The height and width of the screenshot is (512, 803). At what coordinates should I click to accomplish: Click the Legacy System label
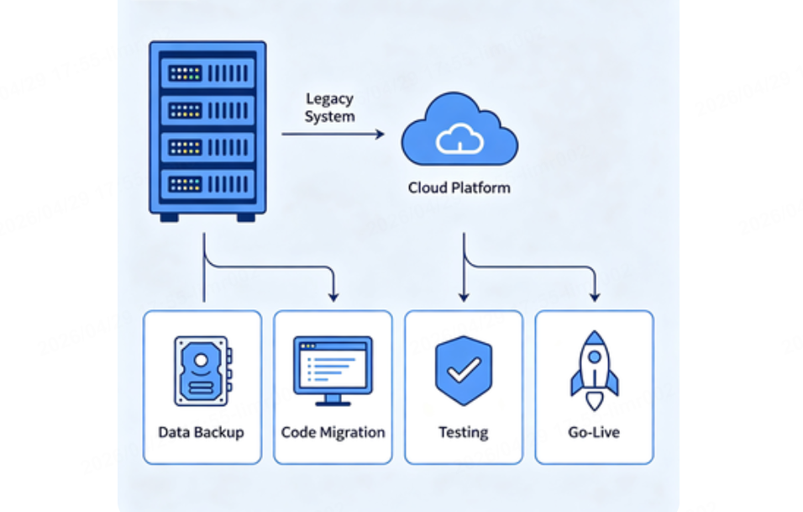[x=329, y=108]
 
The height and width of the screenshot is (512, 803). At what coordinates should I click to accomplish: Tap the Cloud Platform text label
[x=459, y=187]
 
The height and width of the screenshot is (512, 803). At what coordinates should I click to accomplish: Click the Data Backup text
[x=202, y=432]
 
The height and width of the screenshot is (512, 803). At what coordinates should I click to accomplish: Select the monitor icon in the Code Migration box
[x=333, y=369]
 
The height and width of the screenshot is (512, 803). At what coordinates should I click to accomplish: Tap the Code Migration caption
[x=333, y=432]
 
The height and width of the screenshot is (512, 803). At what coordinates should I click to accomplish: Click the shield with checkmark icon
[x=463, y=370]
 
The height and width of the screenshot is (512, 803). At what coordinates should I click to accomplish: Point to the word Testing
[x=463, y=432]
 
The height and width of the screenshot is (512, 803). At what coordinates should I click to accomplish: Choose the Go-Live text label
[x=594, y=432]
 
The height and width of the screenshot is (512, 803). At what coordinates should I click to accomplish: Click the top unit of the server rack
[x=207, y=73]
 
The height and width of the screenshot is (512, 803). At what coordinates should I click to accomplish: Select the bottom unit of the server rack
[x=207, y=183]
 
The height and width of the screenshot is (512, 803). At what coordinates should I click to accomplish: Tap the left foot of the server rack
[x=170, y=217]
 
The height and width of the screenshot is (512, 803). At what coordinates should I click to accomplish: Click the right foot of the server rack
[x=245, y=217]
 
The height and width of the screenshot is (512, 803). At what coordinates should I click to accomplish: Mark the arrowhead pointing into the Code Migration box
[x=333, y=296]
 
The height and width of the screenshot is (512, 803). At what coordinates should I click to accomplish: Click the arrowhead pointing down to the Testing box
[x=463, y=296]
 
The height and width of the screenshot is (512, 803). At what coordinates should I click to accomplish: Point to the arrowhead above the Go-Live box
[x=595, y=296]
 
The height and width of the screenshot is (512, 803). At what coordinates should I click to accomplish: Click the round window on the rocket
[x=595, y=356]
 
